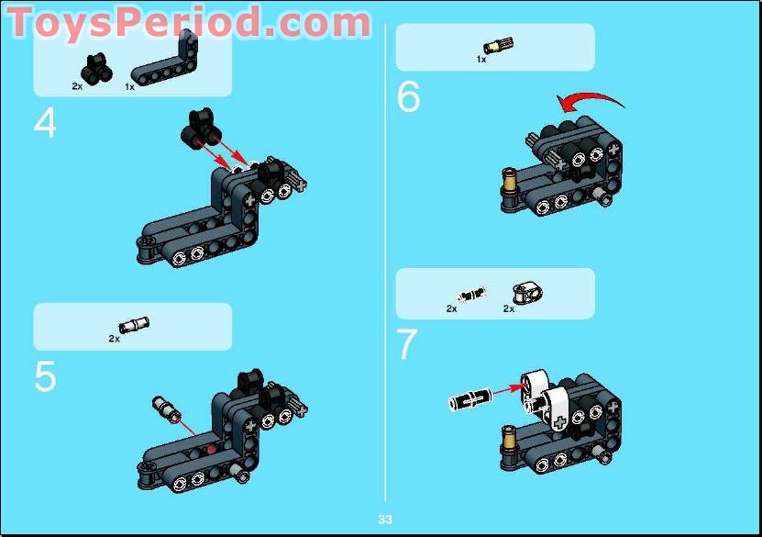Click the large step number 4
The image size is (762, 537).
tap(45, 124)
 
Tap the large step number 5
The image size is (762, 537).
tap(45, 377)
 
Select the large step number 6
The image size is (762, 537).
tap(408, 97)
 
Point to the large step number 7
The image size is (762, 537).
tap(407, 345)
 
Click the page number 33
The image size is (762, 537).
tap(384, 520)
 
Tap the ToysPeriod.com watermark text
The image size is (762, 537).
tap(188, 22)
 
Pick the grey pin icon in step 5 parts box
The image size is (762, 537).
tap(134, 324)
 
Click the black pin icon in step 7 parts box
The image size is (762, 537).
tap(470, 295)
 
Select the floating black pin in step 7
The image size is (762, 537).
tap(470, 400)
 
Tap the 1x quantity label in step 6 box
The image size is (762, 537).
tap(480, 60)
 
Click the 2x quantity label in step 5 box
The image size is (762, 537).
tap(114, 338)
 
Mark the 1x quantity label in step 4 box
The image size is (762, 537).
tap(129, 86)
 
